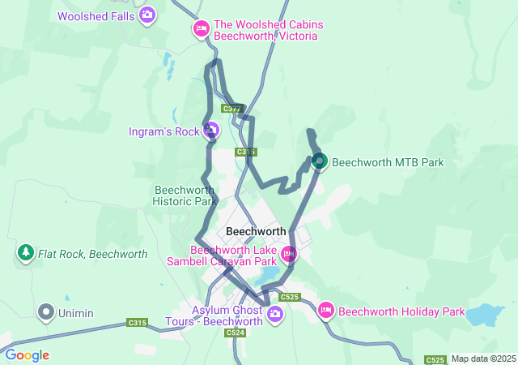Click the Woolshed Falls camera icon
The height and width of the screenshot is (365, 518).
[x=147, y=15]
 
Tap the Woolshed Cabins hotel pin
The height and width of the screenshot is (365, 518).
[x=201, y=30]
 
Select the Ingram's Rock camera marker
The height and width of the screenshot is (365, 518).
[x=211, y=130]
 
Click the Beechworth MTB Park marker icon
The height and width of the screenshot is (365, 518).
[x=320, y=162]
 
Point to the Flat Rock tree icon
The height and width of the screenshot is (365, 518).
[x=26, y=254]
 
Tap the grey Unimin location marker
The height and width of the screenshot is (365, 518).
[x=46, y=311]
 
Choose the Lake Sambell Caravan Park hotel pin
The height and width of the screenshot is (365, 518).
[x=287, y=255]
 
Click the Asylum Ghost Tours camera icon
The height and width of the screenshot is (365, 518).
[x=275, y=313]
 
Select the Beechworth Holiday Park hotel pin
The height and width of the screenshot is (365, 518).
[x=326, y=311]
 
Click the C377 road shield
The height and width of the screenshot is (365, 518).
[x=232, y=109]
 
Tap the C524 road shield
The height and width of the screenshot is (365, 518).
[x=236, y=333]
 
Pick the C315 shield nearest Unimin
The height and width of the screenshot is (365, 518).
[x=138, y=323]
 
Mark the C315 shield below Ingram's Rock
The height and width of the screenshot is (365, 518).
[x=246, y=152]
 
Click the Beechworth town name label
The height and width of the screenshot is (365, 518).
[x=256, y=231]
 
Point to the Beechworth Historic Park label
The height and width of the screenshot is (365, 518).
[x=185, y=195]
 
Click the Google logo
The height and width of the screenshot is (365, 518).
[x=27, y=355]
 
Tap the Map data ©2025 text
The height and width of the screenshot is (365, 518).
[x=483, y=359]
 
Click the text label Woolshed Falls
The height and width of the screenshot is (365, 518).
[x=96, y=15]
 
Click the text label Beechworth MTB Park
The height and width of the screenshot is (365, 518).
[x=388, y=162]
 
